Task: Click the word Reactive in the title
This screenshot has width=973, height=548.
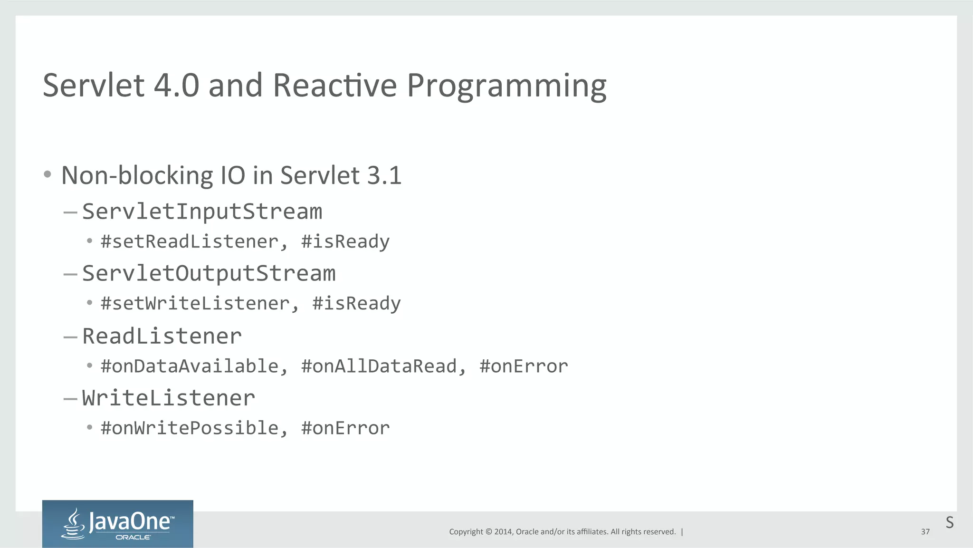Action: point(334,86)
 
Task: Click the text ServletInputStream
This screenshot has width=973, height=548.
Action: point(202,212)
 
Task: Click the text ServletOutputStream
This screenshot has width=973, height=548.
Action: point(209,273)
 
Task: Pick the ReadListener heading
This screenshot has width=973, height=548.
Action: point(162,336)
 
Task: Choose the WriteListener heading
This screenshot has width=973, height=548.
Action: point(168,398)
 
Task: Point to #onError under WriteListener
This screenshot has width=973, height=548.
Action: point(345,428)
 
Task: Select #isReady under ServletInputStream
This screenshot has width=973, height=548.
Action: point(345,241)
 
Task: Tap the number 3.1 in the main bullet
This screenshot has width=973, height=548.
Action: point(384,175)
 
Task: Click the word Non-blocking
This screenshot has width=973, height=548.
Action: point(137,175)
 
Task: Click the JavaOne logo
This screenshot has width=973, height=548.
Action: point(117,523)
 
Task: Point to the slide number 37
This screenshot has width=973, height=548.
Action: point(925,532)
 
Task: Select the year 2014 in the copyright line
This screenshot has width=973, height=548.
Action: point(503,532)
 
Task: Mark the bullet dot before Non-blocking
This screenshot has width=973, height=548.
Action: point(47,174)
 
